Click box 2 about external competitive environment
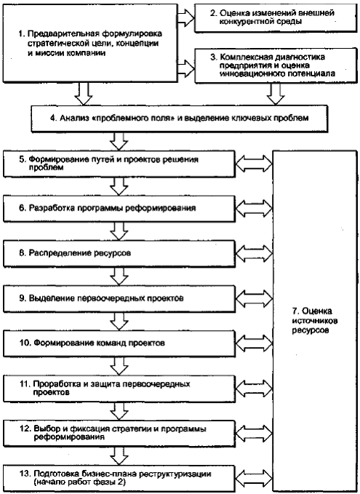(276, 18)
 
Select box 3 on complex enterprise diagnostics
(276, 65)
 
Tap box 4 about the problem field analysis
(179, 118)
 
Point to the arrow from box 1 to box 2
(185, 17)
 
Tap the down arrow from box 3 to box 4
(276, 94)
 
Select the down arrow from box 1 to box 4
(84, 94)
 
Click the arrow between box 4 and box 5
(119, 141)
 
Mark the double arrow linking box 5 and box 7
(254, 163)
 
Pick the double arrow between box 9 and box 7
(254, 298)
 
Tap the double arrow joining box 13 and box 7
(254, 478)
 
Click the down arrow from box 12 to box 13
(119, 455)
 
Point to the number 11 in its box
(24, 384)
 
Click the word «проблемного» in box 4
(117, 118)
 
